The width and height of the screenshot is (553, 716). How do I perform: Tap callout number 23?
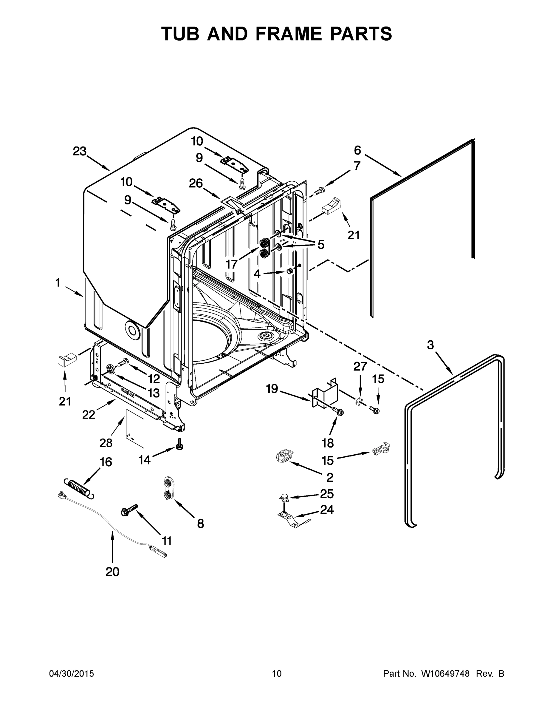click(x=80, y=152)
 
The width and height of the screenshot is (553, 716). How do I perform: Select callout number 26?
click(x=196, y=183)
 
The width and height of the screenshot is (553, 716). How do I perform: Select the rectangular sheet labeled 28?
click(x=135, y=428)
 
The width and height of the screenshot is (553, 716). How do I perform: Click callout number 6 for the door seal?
click(x=357, y=150)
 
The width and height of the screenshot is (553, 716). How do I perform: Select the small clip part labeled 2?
click(x=284, y=456)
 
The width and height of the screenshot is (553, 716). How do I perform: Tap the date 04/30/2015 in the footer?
click(x=72, y=674)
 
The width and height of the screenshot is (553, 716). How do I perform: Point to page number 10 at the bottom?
click(x=277, y=674)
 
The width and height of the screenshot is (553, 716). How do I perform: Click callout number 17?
click(x=231, y=264)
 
